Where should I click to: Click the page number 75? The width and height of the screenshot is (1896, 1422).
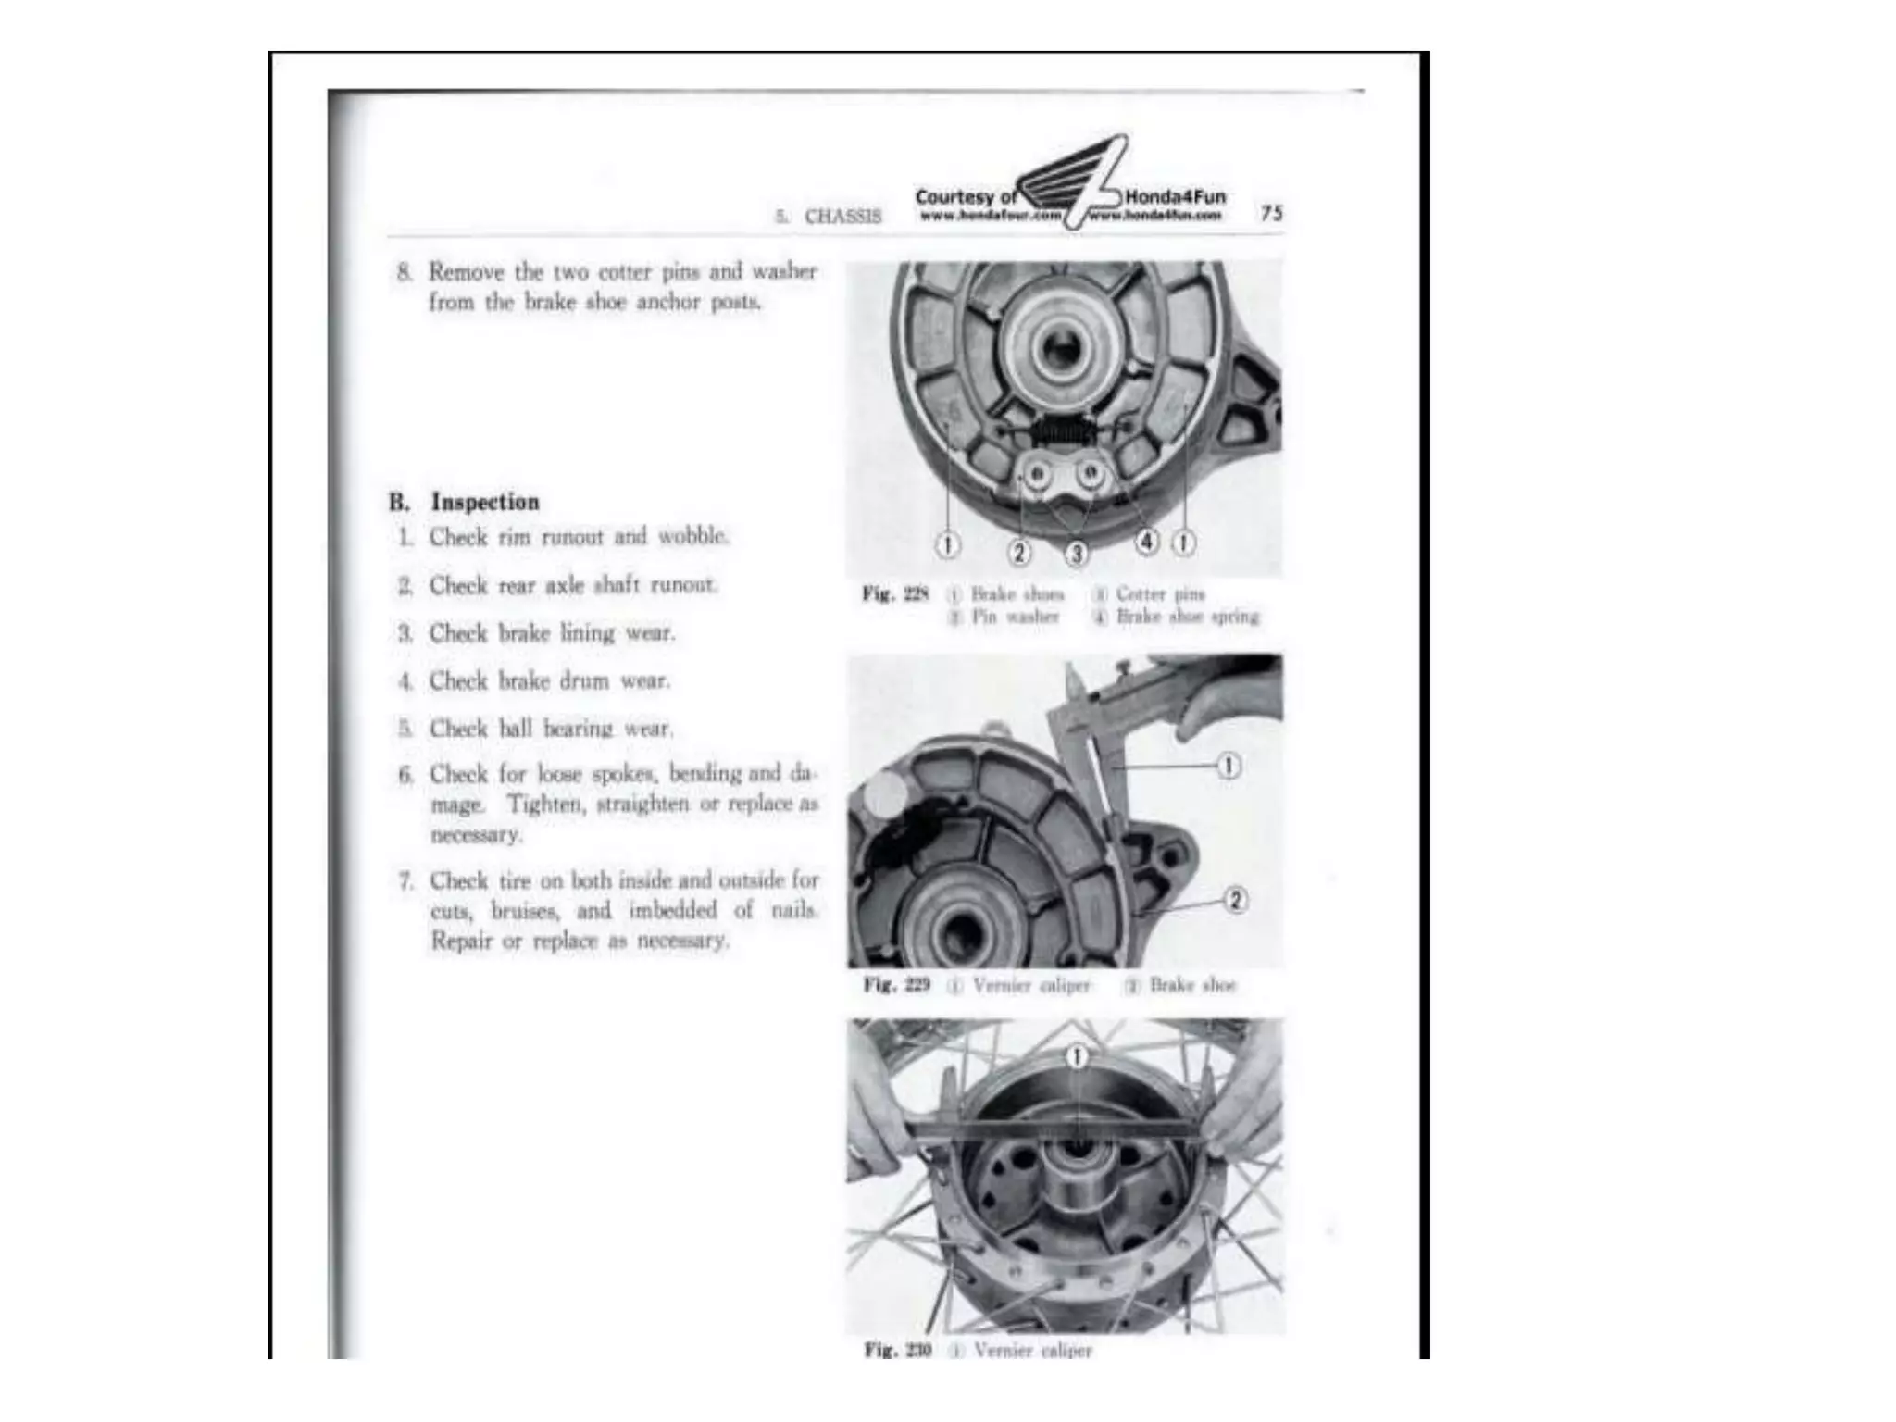coord(1271,213)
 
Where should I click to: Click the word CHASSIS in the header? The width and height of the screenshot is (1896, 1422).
coord(842,217)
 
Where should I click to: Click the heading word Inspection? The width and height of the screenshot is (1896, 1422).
coord(485,502)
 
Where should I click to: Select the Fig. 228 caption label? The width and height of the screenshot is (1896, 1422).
coord(894,594)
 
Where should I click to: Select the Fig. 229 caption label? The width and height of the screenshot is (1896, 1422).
coord(895,984)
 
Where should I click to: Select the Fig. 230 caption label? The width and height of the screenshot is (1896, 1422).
coord(896,1350)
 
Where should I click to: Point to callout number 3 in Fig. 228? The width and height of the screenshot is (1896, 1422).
coord(1076,554)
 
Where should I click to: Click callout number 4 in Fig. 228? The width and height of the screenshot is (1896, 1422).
coord(1147,542)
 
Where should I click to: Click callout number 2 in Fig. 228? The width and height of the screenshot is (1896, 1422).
coord(1019,553)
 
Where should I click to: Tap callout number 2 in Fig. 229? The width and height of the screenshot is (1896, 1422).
coord(1235,899)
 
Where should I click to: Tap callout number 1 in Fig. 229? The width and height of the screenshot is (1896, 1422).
coord(1229,766)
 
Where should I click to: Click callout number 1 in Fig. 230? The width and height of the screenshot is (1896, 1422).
coord(1076,1056)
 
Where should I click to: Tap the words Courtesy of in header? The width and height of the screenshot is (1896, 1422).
coord(965,197)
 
